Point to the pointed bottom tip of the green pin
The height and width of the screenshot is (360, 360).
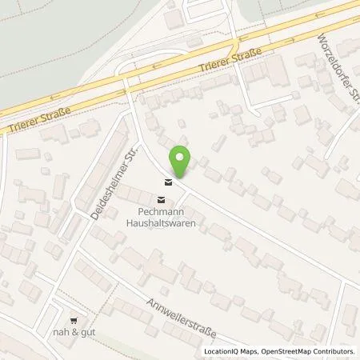tap(182, 177)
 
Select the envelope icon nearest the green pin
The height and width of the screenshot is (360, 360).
tap(166, 180)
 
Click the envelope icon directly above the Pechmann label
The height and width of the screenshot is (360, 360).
tap(162, 199)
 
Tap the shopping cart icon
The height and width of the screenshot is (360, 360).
tap(73, 317)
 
